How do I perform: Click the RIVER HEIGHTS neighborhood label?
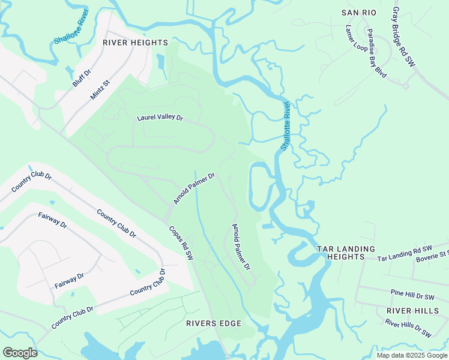click(x=135, y=43)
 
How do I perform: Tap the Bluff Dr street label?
click(x=82, y=78)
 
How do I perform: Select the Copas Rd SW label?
click(x=181, y=242)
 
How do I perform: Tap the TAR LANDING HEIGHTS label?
click(x=346, y=253)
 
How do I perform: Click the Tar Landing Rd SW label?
click(x=405, y=254)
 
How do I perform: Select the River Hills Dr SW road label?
click(x=409, y=329)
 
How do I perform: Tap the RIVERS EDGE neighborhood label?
click(x=214, y=323)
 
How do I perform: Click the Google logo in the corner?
click(x=20, y=353)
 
